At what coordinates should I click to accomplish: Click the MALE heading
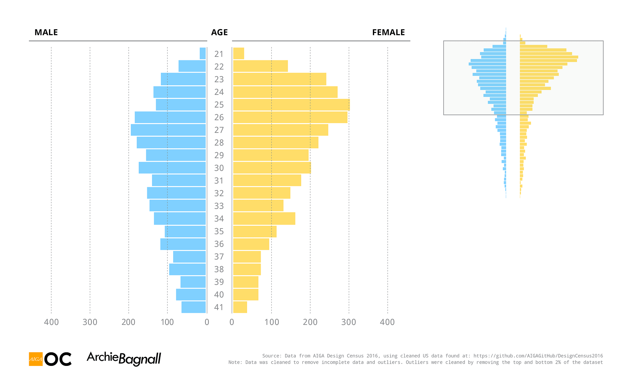point(46,33)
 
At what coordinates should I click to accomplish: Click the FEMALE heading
point(388,33)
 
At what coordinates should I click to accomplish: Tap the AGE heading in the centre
point(219,33)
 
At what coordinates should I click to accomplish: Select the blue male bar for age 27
point(168,130)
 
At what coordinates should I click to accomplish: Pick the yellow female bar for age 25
point(291,104)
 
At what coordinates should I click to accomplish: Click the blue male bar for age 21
point(203,53)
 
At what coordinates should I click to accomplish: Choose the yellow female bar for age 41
point(240,307)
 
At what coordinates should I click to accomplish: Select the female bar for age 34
point(264,218)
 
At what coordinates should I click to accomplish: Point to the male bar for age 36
point(183,244)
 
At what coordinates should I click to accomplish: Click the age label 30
point(219,168)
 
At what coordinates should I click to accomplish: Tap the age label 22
point(219,67)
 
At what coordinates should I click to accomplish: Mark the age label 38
point(219,269)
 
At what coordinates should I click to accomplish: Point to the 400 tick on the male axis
point(51,322)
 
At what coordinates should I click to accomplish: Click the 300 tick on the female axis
point(349,322)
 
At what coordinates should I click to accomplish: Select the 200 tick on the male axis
point(129,322)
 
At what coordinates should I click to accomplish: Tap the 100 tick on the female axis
point(272,322)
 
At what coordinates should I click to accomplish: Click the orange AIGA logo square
point(36,359)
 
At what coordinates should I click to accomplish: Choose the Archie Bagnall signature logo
point(124,359)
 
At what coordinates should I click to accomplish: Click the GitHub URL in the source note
point(538,356)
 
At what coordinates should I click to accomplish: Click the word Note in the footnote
point(234,362)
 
